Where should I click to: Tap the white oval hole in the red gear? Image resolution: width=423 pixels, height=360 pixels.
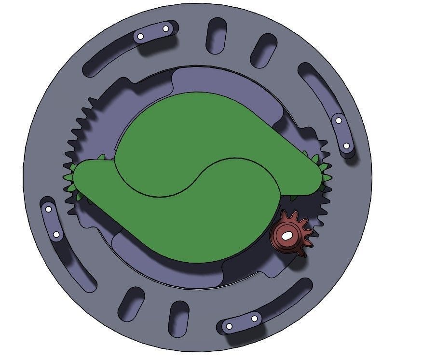coord(287,236)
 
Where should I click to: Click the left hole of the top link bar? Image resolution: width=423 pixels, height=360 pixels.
coord(140,36)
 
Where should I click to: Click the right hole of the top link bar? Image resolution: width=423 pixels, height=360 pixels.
coord(165,29)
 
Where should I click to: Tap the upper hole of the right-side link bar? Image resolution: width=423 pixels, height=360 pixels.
coord(339,120)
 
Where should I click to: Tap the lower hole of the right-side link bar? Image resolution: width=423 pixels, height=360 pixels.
coord(346,146)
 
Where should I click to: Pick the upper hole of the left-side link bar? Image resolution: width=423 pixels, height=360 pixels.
coord(48,209)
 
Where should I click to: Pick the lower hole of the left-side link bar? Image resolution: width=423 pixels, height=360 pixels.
coord(56,235)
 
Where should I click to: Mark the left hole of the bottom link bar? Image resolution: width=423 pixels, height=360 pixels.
coord(229,326)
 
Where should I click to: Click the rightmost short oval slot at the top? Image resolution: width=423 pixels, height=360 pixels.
coord(263,50)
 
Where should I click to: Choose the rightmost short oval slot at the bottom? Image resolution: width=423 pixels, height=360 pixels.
coord(178,318)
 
